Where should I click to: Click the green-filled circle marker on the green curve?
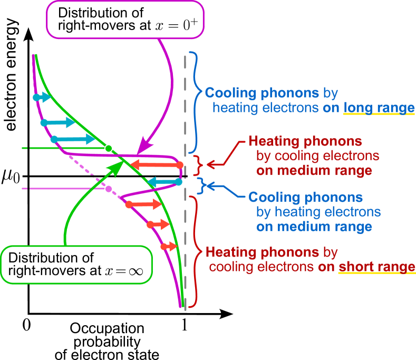(x=109, y=148)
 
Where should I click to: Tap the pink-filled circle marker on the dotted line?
(x=109, y=189)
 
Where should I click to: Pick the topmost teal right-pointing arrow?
(x=42, y=98)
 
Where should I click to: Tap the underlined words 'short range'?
(x=376, y=267)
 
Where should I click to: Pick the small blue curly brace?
(x=200, y=184)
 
